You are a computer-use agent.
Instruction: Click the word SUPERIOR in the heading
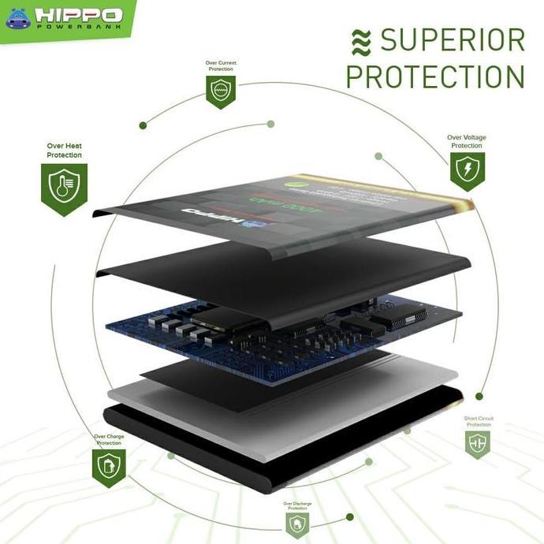[x=452, y=40]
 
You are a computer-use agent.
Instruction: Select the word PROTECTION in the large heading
[x=435, y=77]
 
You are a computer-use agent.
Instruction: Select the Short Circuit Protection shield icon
[x=477, y=445]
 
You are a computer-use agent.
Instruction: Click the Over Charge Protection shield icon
[x=109, y=467]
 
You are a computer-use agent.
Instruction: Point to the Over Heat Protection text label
[x=64, y=151]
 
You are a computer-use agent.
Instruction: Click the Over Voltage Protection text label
[x=467, y=142]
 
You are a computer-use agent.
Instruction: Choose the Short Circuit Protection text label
[x=478, y=422]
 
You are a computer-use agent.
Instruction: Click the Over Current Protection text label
[x=221, y=66]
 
